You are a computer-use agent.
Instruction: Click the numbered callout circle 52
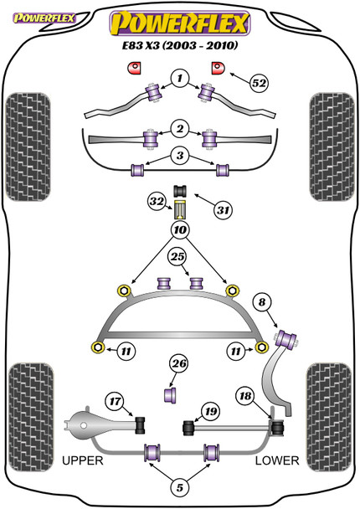pos(259,83)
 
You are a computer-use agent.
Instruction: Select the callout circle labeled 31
pos(223,210)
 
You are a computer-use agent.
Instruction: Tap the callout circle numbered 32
pos(157,202)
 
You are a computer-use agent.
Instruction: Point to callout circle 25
pos(177,257)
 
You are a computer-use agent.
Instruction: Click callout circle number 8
pos(262,302)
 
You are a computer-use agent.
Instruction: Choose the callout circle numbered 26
pos(179,363)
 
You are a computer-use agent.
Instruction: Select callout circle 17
pos(115,402)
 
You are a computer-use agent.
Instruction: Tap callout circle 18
pos(245,396)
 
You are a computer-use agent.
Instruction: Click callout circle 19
pos(211,412)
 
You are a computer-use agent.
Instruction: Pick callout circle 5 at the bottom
pos(179,487)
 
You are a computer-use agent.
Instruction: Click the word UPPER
pos(82,460)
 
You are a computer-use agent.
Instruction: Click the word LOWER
pos(277,460)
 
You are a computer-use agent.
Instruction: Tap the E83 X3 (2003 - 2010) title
pos(180,45)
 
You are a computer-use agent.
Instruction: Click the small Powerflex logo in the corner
pos(44,18)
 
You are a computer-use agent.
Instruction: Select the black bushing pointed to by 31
pos(180,191)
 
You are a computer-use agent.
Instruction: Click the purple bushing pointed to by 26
pos(170,394)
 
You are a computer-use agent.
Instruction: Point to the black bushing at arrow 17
pos(141,425)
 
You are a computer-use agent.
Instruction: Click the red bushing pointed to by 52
pos(217,68)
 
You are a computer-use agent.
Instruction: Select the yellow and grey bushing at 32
pos(180,210)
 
